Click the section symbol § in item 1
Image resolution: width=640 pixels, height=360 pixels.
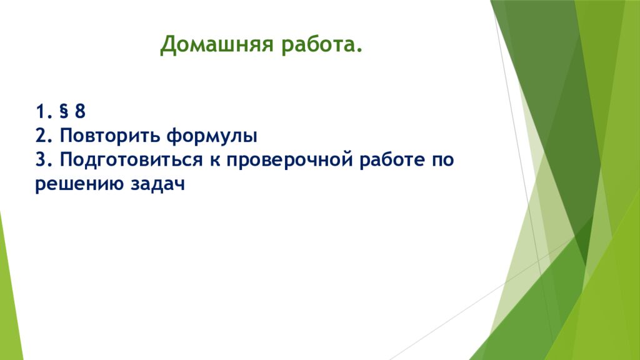64,111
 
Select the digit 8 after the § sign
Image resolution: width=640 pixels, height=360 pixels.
80,111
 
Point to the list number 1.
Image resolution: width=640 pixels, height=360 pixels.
42,111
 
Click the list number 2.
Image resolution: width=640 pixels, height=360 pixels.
42,136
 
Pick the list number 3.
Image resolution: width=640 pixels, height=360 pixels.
42,159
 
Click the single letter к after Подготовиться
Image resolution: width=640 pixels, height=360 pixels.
215,161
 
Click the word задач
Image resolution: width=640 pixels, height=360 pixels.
158,184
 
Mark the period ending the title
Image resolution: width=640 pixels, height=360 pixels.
359,51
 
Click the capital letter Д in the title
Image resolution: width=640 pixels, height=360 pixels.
168,45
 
